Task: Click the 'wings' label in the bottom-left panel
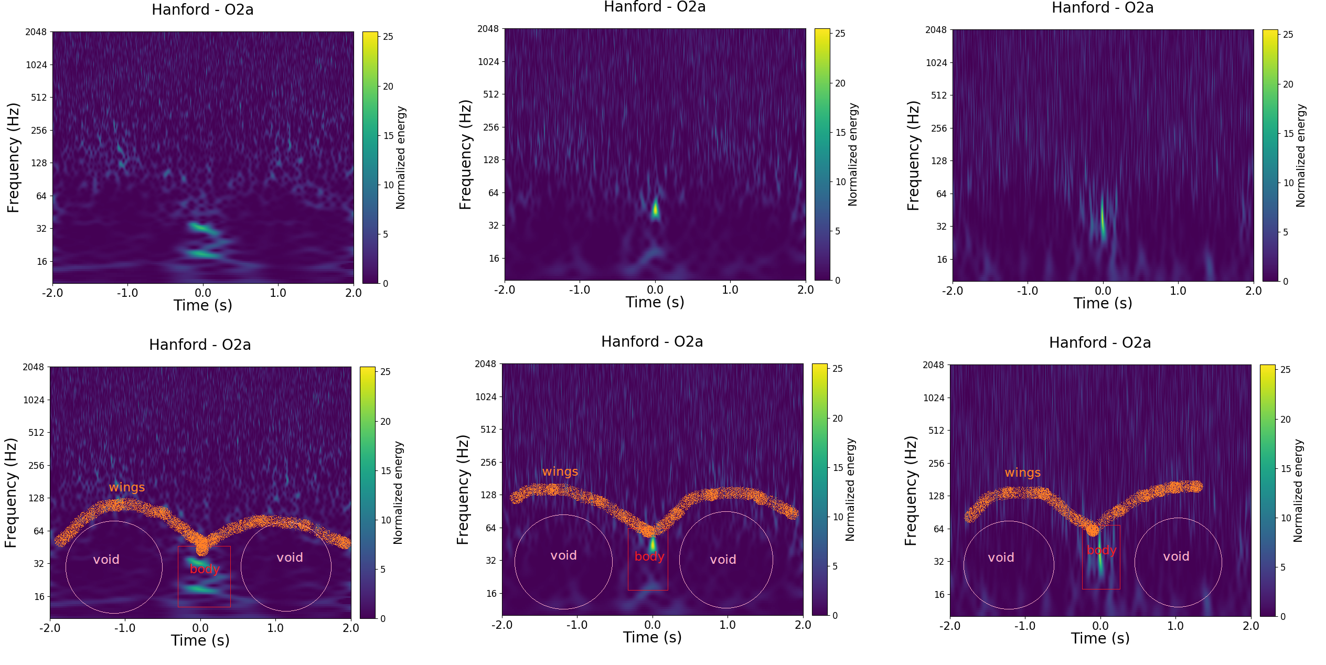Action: click(x=126, y=487)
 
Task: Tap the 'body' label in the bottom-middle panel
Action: click(x=649, y=556)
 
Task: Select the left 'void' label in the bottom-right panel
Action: click(x=1001, y=557)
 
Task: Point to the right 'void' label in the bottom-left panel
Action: click(x=290, y=557)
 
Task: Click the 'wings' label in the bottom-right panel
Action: click(x=1022, y=473)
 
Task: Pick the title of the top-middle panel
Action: click(x=655, y=7)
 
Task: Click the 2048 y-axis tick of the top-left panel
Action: click(x=36, y=32)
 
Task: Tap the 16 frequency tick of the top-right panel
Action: click(x=942, y=259)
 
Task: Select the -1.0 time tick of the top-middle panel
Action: click(x=580, y=289)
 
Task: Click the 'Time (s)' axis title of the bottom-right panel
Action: click(x=1100, y=638)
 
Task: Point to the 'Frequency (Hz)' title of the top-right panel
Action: click(x=913, y=156)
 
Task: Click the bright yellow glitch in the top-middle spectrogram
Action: click(x=655, y=209)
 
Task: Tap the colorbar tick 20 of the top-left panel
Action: click(x=388, y=87)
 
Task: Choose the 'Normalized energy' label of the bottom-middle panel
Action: click(x=850, y=489)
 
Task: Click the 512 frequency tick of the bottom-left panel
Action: click(x=36, y=433)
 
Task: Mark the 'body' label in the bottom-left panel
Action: click(x=205, y=569)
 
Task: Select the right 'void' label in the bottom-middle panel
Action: click(x=723, y=560)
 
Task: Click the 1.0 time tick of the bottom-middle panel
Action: click(x=727, y=625)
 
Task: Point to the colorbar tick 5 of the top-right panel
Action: click(x=1285, y=232)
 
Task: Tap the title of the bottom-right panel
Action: click(x=1099, y=343)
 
